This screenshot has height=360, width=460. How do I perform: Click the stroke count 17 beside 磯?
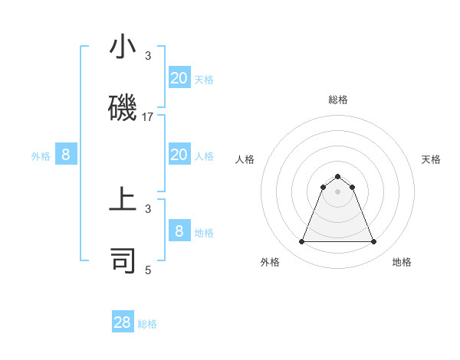coord(148,117)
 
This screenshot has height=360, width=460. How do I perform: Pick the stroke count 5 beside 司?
coord(148,270)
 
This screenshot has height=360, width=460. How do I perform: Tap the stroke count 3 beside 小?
coord(148,56)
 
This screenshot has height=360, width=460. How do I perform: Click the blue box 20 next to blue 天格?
coord(179,77)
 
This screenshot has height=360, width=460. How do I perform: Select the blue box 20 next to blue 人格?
coord(179,155)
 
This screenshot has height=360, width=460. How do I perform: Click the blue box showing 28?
coord(123,322)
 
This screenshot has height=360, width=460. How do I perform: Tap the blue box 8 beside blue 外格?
coord(66,155)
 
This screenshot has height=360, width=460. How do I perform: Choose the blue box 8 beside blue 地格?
coord(179,231)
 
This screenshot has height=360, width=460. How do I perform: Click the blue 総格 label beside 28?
coord(147,324)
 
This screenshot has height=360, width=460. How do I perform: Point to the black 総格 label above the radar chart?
coord(337,100)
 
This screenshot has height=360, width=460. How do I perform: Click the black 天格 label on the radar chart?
coord(431,159)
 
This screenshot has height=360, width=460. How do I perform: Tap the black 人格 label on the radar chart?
coord(245,159)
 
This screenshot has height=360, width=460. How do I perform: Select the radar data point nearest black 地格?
coord(373,242)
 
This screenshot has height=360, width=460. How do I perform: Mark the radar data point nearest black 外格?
coord(301,242)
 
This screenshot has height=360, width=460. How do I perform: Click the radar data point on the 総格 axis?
coord(337,176)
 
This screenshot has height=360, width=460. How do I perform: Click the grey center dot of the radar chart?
coord(337,191)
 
